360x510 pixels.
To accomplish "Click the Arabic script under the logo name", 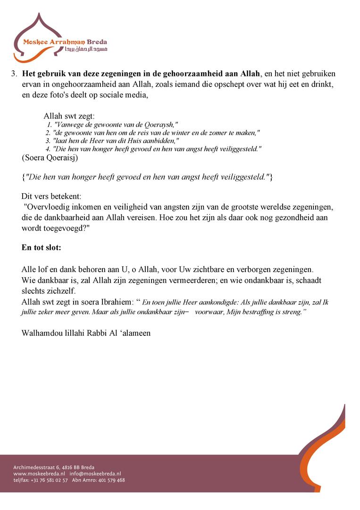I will (x=90, y=49).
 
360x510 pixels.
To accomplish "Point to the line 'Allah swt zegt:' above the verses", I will (x=69, y=116).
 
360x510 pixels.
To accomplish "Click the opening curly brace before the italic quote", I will (x=23, y=177).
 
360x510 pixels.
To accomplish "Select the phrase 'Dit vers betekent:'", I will (x=51, y=196).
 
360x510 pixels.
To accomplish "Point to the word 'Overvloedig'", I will (x=49, y=207).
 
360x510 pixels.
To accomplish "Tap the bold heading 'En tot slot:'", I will (x=42, y=247).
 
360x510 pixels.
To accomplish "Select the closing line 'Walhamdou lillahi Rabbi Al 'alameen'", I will (x=86, y=333).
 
